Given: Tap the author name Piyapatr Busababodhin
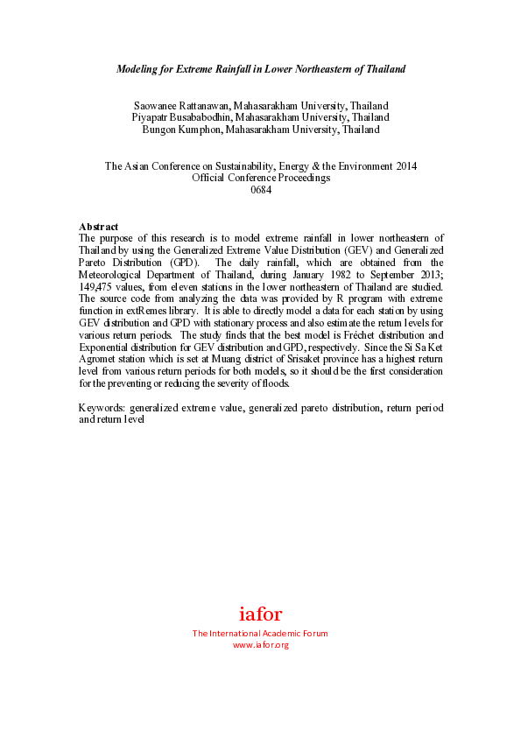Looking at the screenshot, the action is click(x=180, y=117).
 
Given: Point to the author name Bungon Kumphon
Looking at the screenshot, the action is click(x=181, y=130).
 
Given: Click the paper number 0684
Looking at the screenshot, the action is click(x=261, y=190).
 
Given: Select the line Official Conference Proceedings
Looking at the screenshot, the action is click(x=261, y=178).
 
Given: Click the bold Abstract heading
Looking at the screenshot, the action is click(x=98, y=227).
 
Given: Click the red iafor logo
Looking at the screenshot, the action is click(x=260, y=614).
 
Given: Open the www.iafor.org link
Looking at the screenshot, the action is click(x=260, y=645).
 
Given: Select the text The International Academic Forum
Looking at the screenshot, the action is click(x=260, y=634).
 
